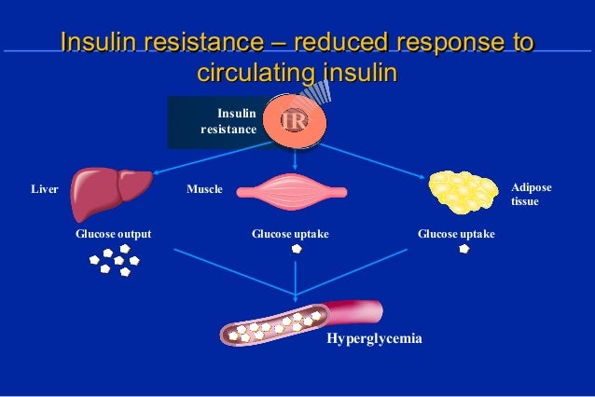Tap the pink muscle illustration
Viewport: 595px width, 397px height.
(x=292, y=192)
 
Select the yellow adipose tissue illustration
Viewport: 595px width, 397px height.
(x=463, y=192)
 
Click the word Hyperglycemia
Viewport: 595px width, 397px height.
(x=374, y=339)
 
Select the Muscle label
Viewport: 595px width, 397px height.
(x=204, y=189)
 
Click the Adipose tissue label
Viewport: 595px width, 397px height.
(x=531, y=194)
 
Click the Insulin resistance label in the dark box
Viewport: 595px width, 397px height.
(x=230, y=122)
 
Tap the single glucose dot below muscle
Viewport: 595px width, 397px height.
(x=296, y=250)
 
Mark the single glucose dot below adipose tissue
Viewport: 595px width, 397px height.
(x=464, y=250)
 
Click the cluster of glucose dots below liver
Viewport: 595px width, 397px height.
(x=113, y=265)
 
